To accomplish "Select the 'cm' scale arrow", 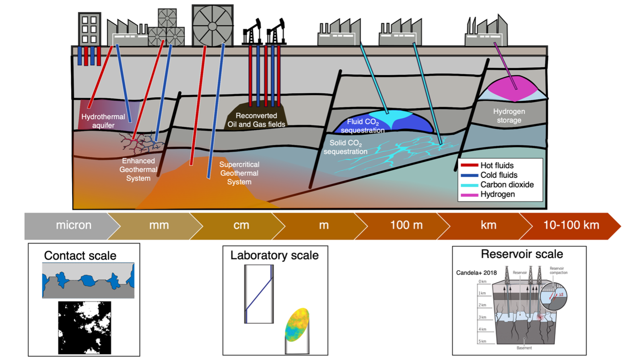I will coord(241,225).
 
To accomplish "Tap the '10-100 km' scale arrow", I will coord(571,225).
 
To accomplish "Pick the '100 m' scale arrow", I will coord(406,225).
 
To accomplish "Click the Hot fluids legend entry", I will coord(497,165).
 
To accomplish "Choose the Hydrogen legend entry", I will coord(497,194).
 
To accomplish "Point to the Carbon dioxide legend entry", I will coord(507,185).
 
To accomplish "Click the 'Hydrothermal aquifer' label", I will coord(103,121).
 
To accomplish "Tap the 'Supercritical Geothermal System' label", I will coord(239,173).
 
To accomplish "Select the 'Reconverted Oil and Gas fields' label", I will coord(256,120).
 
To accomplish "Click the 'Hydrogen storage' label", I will coord(509,116).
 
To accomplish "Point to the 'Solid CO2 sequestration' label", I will coord(345,147).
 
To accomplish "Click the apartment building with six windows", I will coord(89,29).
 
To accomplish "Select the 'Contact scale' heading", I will coord(80,255).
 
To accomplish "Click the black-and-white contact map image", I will coord(85,328).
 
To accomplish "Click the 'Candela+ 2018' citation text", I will coord(476,273).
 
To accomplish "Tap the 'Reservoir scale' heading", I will coord(522,254).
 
